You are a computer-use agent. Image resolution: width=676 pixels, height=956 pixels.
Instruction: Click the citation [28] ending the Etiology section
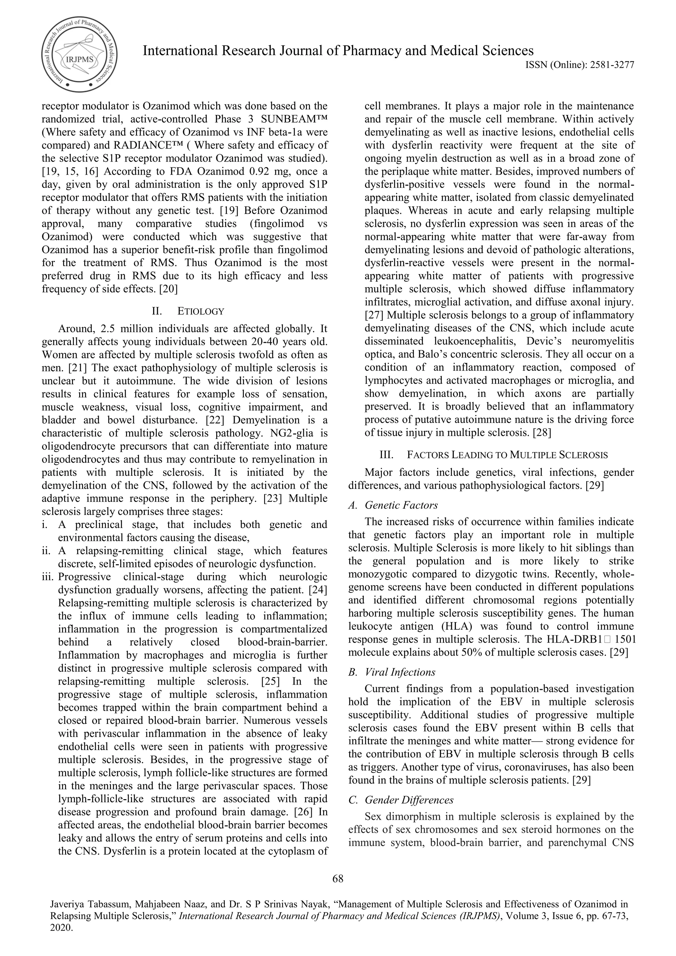[542, 433]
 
